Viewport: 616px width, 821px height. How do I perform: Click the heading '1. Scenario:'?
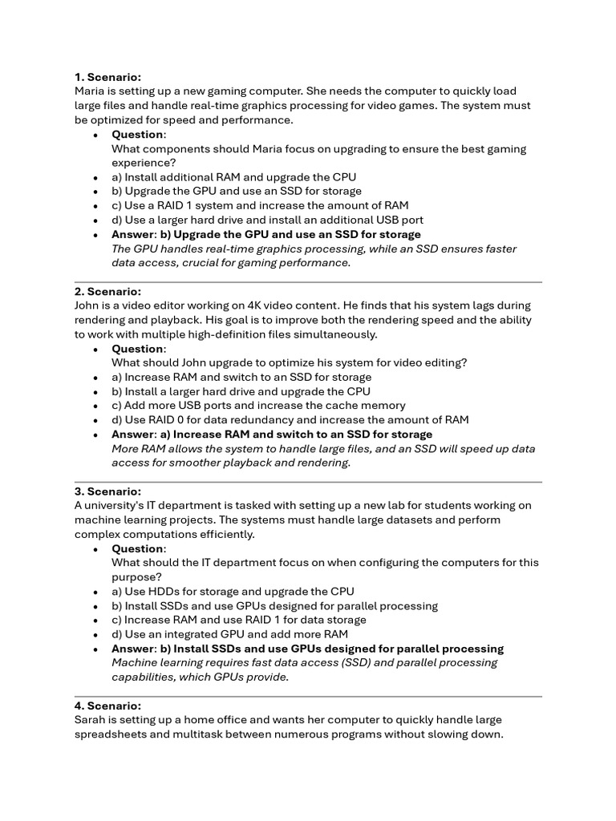point(107,77)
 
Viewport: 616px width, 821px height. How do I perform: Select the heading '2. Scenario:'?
point(107,292)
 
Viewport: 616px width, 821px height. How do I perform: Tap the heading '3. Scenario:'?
point(107,491)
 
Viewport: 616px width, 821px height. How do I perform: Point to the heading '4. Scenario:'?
point(107,706)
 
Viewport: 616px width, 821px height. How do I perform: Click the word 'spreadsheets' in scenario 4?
point(110,734)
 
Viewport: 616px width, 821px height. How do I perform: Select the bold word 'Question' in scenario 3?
point(137,548)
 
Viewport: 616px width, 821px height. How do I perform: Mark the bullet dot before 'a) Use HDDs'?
point(95,592)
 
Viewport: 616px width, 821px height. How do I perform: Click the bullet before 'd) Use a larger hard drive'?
point(95,220)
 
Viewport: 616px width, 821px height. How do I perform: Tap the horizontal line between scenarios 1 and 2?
point(308,282)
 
